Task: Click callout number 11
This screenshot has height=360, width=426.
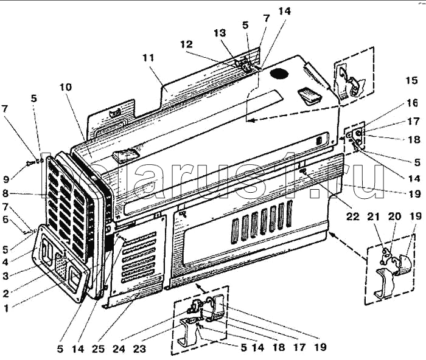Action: pyautogui.click(x=148, y=58)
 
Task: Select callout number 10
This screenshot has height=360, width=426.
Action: pyautogui.click(x=66, y=87)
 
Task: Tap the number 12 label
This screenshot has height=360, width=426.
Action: pyautogui.click(x=187, y=44)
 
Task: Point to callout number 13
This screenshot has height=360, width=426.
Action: pyautogui.click(x=220, y=33)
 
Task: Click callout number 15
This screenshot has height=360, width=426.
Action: pyautogui.click(x=411, y=81)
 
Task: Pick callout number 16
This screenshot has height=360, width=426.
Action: pyautogui.click(x=412, y=103)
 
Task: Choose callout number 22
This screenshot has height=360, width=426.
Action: pyautogui.click(x=352, y=216)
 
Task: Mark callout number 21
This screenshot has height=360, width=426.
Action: pyautogui.click(x=374, y=216)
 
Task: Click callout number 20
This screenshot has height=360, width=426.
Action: pyautogui.click(x=394, y=216)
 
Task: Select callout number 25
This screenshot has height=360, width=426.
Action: pyautogui.click(x=98, y=349)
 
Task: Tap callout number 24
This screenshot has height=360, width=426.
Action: pyautogui.click(x=119, y=349)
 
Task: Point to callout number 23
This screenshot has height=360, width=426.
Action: pyautogui.click(x=139, y=349)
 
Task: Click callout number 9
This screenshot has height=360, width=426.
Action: pyautogui.click(x=6, y=179)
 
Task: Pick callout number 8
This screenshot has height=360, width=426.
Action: pyautogui.click(x=5, y=193)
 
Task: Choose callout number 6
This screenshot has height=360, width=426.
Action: pyautogui.click(x=5, y=219)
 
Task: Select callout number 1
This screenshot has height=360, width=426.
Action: pyautogui.click(x=6, y=308)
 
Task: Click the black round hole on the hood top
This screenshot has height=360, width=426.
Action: pyautogui.click(x=279, y=74)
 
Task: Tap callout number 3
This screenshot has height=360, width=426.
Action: pyautogui.click(x=5, y=276)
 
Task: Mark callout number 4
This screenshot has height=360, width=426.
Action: pyautogui.click(x=5, y=262)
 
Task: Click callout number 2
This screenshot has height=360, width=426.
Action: pyautogui.click(x=5, y=293)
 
